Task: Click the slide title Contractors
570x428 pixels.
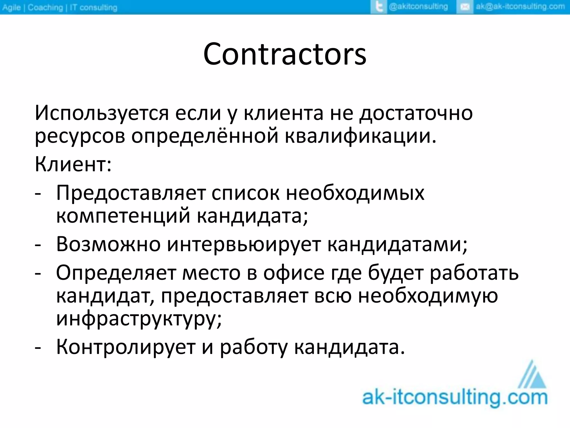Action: click(x=284, y=54)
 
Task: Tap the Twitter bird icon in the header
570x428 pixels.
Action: click(x=379, y=7)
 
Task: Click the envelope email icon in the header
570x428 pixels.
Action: click(x=464, y=7)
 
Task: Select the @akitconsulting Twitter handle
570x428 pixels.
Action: click(x=418, y=7)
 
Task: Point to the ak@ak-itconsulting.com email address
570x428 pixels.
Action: click(x=520, y=7)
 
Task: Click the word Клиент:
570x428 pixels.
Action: click(x=73, y=164)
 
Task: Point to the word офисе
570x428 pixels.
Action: click(x=294, y=273)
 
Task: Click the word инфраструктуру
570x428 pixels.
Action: click(x=139, y=318)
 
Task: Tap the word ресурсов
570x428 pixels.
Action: click(x=80, y=137)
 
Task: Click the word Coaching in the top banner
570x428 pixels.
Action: click(x=45, y=8)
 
